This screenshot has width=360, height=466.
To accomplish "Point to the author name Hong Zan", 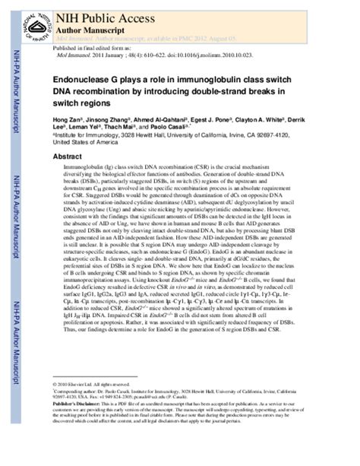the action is click(x=65, y=121).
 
